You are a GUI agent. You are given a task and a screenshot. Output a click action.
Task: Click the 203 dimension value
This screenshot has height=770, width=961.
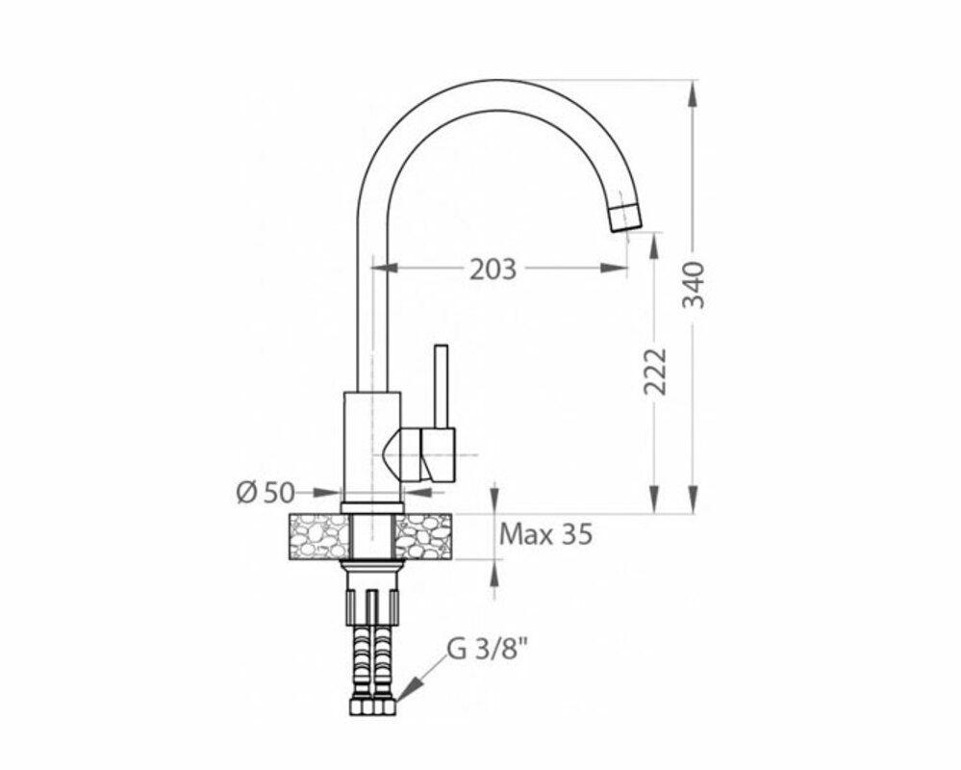(x=493, y=269)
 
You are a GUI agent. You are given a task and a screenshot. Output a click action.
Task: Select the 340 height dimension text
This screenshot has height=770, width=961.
(x=695, y=285)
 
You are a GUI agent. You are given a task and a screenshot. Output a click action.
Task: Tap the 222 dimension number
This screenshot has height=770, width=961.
(x=654, y=372)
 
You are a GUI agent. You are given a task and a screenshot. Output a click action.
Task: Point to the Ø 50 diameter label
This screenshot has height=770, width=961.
(x=266, y=492)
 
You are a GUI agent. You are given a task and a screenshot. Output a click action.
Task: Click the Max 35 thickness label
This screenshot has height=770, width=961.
(x=546, y=534)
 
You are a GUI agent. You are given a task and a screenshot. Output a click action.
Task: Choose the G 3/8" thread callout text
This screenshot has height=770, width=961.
(x=487, y=650)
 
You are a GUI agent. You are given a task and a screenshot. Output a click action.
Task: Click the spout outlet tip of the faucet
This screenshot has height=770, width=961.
(x=626, y=218)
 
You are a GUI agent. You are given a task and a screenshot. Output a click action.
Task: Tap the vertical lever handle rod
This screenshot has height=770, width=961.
(x=441, y=387)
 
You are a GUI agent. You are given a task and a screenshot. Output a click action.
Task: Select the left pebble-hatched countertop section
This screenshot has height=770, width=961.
(x=318, y=536)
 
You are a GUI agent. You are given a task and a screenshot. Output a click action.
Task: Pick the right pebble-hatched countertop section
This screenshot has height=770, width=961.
(x=423, y=536)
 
